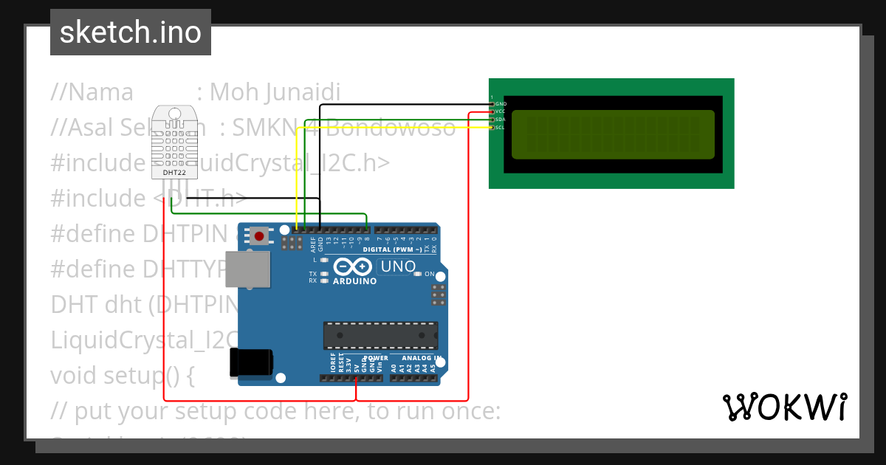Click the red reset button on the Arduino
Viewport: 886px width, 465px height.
coord(259,236)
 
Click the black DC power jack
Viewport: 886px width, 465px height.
coord(251,362)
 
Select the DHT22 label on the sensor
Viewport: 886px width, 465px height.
coord(175,172)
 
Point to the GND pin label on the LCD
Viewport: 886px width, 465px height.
coord(501,104)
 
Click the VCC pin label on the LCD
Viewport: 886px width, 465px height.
coord(501,111)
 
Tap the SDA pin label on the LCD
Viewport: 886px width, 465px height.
coord(501,120)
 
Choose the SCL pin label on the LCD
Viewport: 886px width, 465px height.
coord(501,127)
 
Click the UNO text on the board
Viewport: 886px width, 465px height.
coord(397,266)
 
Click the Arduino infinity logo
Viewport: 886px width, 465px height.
coord(354,267)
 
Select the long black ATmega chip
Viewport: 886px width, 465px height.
coord(380,335)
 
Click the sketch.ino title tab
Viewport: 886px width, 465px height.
coord(131,32)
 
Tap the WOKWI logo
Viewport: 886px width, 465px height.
coord(784,407)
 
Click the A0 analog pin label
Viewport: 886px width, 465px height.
coord(394,367)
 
